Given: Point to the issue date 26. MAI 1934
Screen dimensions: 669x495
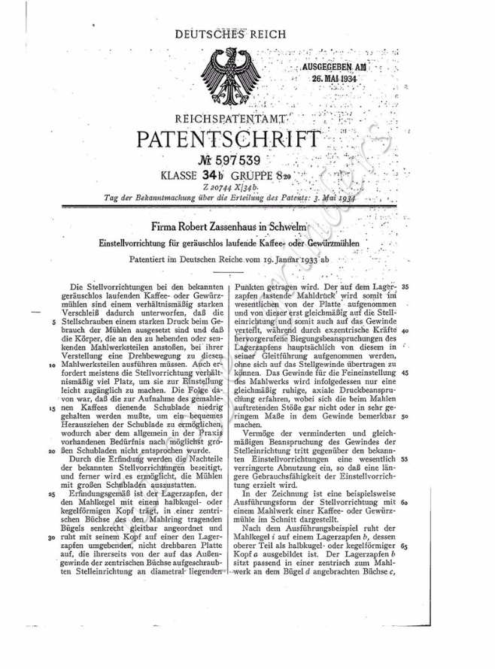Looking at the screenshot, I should (329, 77).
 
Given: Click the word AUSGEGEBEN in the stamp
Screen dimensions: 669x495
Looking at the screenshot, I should (325, 67).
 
